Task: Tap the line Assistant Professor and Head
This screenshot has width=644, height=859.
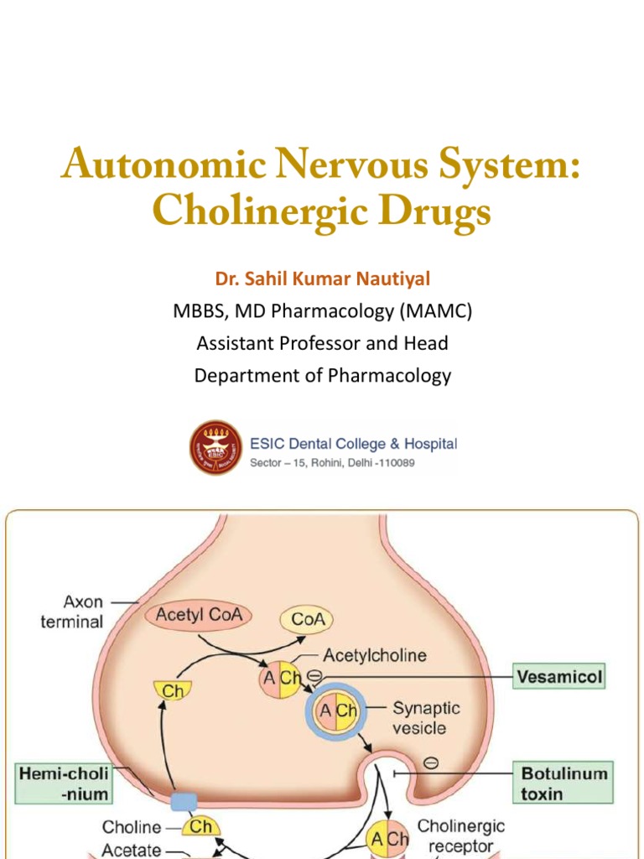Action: (322, 343)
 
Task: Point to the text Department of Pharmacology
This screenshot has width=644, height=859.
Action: (322, 375)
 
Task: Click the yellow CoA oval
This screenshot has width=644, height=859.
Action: (308, 620)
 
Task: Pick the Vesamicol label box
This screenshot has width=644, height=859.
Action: (558, 677)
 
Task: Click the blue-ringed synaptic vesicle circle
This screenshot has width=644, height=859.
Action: (335, 712)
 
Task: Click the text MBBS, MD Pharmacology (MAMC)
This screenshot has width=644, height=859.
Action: (322, 312)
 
